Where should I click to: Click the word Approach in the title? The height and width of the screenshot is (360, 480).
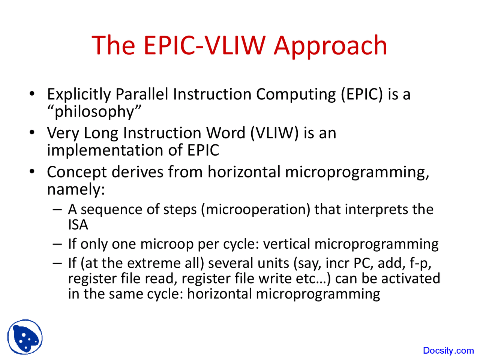330,46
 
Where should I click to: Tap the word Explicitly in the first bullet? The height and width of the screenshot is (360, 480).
79,94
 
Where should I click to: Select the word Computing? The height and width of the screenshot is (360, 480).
296,94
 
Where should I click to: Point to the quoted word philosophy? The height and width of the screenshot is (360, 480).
94,112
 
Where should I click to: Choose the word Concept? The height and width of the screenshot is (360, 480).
76,172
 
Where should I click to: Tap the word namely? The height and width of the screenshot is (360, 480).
75,189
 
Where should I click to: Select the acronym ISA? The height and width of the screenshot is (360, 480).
78,225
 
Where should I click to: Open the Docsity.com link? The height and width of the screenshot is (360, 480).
448,351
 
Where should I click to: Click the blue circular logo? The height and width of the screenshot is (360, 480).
25,337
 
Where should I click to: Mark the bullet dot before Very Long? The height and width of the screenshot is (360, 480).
33,132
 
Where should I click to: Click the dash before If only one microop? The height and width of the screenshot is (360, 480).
57,244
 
